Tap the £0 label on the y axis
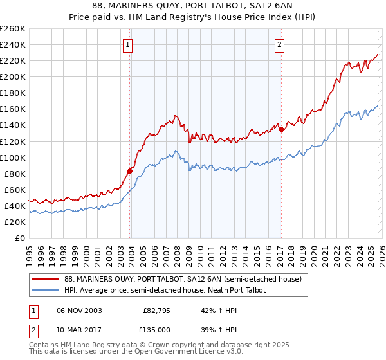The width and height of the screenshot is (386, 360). click(x=20, y=238)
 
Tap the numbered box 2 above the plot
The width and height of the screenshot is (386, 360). click(x=280, y=45)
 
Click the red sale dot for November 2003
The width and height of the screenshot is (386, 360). click(x=130, y=171)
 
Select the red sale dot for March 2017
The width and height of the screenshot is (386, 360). click(x=281, y=129)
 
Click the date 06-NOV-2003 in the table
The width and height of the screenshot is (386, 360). click(x=79, y=310)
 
